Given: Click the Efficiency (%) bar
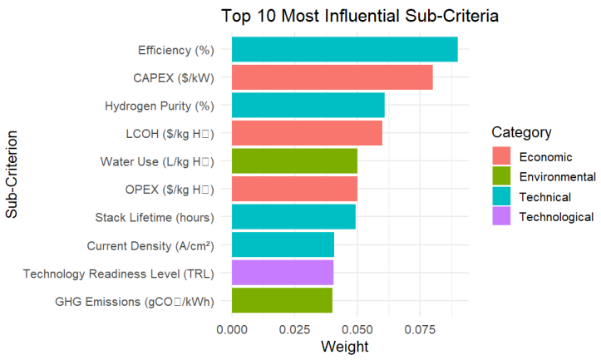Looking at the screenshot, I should (344, 49).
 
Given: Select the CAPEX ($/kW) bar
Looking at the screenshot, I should (332, 77).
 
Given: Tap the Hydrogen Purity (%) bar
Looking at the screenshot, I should (308, 105).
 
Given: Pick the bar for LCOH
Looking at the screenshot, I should (307, 133).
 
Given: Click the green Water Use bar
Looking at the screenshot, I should (294, 160).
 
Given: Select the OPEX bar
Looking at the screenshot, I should (294, 189).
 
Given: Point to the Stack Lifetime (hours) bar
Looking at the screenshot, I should (293, 216).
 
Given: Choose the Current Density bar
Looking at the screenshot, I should (283, 244).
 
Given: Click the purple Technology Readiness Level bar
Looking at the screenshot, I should (282, 272).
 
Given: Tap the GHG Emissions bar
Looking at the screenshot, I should (282, 300).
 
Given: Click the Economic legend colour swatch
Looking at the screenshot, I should (501, 156).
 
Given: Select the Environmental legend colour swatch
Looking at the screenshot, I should (501, 176).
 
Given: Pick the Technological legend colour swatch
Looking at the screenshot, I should (501, 217).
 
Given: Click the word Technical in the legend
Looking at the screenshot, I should (544, 197).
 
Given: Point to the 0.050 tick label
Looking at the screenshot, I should (357, 328).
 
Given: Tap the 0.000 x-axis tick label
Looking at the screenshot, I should (232, 328).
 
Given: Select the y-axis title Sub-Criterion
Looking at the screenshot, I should (12, 174).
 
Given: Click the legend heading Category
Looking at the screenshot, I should (521, 132).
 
